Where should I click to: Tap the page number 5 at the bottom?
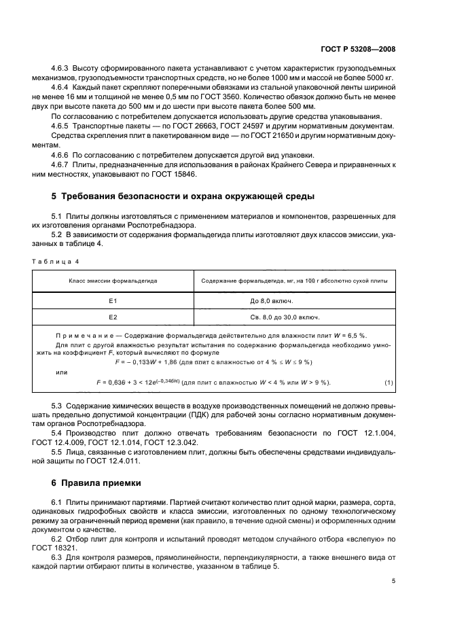pos(393,581)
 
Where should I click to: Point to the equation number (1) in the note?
pos(388,383)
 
